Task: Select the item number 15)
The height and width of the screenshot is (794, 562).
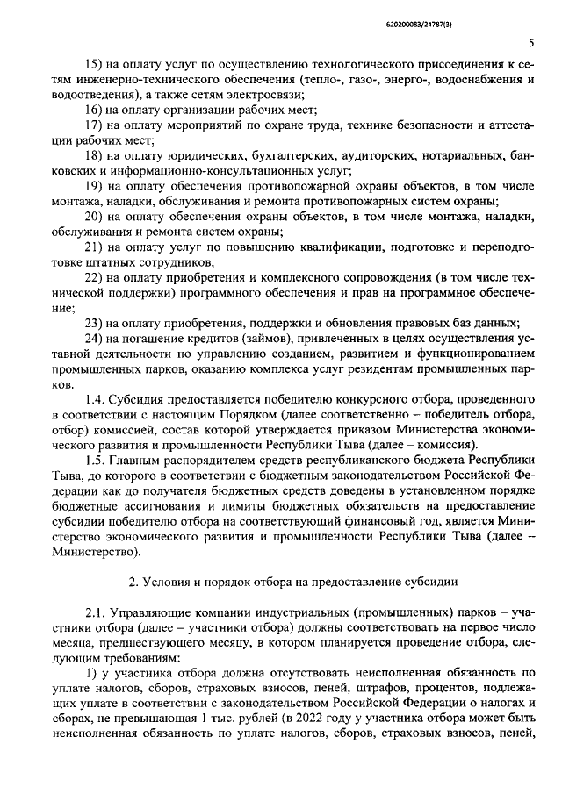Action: pyautogui.click(x=93, y=64)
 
